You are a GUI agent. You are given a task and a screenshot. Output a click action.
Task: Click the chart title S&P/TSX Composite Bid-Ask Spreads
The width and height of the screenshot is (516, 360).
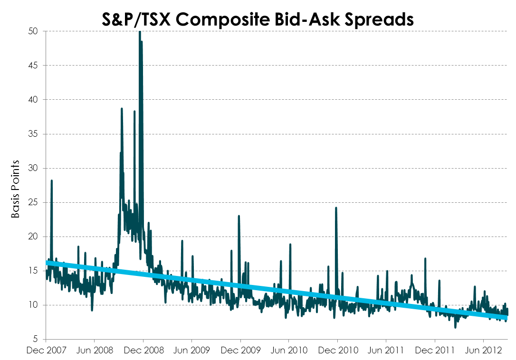[258, 20]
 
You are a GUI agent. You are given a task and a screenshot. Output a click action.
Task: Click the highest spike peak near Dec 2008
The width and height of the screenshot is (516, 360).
[140, 32]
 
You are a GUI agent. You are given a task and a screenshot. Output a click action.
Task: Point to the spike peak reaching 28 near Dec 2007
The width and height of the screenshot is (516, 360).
[51, 180]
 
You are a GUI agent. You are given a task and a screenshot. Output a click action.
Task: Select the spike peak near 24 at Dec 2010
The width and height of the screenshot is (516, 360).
[336, 208]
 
